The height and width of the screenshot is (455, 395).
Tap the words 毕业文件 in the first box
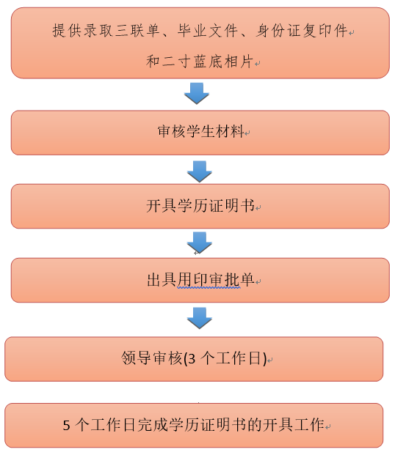click(x=207, y=31)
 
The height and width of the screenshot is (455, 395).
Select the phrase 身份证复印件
click(x=302, y=31)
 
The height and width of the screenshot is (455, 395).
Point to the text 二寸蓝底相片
click(x=207, y=62)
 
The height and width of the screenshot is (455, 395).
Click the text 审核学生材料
click(x=200, y=131)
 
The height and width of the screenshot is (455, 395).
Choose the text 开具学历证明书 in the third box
click(x=200, y=206)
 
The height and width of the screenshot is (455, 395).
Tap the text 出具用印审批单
click(x=200, y=280)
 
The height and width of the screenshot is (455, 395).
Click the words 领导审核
click(x=151, y=358)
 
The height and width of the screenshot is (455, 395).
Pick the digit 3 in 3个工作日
click(x=192, y=359)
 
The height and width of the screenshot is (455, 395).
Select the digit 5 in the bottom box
click(x=66, y=426)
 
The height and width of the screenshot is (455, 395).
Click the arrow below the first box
click(x=197, y=94)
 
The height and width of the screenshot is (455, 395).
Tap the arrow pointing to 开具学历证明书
click(x=200, y=171)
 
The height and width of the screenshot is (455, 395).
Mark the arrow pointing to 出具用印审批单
click(x=200, y=243)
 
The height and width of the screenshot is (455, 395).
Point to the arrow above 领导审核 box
click(x=200, y=318)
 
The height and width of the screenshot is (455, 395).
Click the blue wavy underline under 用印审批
click(x=209, y=287)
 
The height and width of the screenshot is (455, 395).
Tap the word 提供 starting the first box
click(x=66, y=31)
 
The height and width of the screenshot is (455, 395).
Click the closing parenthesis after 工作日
click(x=264, y=359)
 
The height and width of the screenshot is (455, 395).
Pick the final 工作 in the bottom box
click(x=309, y=424)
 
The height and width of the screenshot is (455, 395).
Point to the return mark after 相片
click(x=257, y=63)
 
